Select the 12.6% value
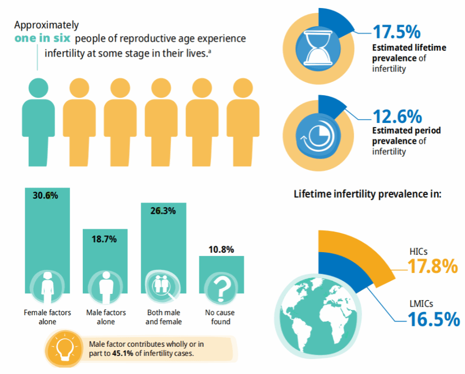397,116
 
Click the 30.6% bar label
45,196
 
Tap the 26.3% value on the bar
163,211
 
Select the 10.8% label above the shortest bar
221,250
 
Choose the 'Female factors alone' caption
48,317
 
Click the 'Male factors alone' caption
105,317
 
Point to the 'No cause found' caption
220,317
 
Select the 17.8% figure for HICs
432,266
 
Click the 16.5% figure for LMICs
433,319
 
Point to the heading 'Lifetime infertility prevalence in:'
367,194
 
